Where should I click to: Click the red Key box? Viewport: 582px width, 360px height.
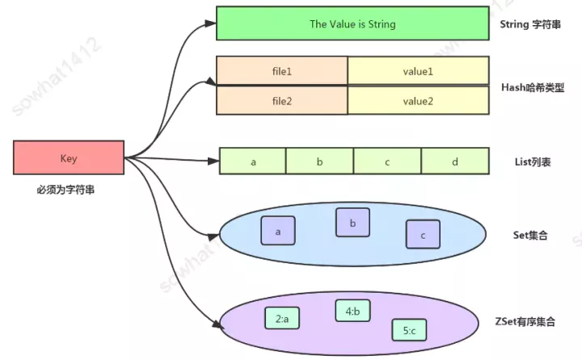pyautogui.click(x=69, y=159)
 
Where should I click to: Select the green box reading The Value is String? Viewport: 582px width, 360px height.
pyautogui.click(x=352, y=24)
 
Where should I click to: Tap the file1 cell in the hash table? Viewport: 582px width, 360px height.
pyautogui.click(x=281, y=71)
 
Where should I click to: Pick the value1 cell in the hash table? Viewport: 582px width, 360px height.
pyautogui.click(x=418, y=71)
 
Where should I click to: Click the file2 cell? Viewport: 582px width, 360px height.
pyautogui.click(x=281, y=100)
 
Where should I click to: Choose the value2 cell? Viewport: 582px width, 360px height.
pyautogui.click(x=418, y=100)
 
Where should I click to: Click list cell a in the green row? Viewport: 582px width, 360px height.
pyautogui.click(x=253, y=162)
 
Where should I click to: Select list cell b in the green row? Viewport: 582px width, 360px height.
pyautogui.click(x=319, y=162)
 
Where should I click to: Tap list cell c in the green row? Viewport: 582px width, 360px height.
pyautogui.click(x=387, y=162)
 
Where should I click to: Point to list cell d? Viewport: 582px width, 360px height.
pyautogui.click(x=455, y=162)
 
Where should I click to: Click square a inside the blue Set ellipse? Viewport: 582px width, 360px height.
pyautogui.click(x=278, y=231)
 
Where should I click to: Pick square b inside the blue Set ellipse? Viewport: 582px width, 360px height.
pyautogui.click(x=352, y=222)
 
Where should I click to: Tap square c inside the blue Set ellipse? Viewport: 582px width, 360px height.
pyautogui.click(x=423, y=235)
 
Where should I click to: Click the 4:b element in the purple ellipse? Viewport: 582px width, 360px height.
pyautogui.click(x=352, y=311)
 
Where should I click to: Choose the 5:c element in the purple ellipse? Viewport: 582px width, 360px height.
pyautogui.click(x=409, y=330)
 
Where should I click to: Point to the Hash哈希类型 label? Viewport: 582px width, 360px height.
pyautogui.click(x=533, y=86)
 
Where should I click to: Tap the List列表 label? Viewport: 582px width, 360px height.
pyautogui.click(x=531, y=162)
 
